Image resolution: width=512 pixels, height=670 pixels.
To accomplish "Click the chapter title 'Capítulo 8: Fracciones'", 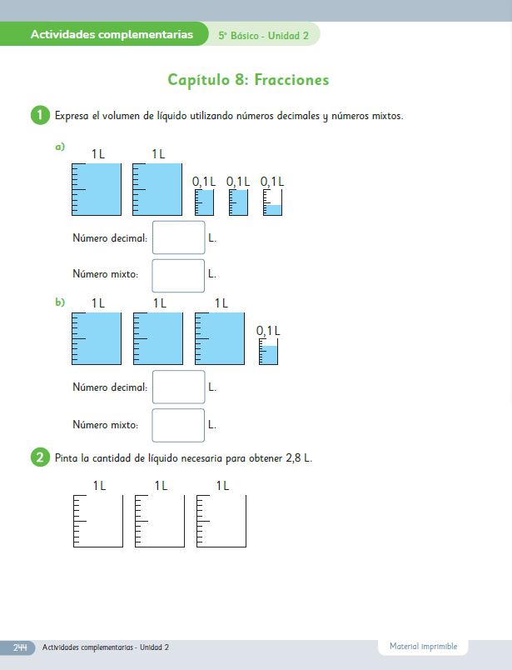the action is point(248,80).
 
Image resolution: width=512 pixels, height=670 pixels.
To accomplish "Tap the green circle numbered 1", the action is point(40,115).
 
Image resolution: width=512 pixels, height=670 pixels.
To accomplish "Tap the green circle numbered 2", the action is point(40,457).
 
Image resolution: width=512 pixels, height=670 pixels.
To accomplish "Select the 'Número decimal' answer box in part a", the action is point(178,237).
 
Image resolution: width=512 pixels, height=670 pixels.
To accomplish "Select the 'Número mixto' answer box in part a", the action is point(178,276).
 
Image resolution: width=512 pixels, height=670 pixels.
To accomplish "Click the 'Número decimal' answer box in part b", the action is point(178,387).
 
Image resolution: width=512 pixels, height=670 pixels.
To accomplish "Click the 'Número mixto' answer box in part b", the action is point(178,425).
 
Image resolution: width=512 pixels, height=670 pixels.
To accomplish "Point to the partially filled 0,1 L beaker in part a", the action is point(272,202).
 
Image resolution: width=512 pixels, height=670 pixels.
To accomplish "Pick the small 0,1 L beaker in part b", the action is point(268,352).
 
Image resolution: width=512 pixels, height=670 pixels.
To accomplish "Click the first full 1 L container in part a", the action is point(97,189).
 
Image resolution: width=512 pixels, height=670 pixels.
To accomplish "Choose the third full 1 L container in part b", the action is point(220,338).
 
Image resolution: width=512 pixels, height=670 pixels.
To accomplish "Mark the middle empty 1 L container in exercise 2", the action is point(160,522).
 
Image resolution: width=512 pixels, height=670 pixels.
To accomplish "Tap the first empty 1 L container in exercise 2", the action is point(98,522).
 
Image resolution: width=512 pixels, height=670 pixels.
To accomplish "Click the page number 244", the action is point(20,647).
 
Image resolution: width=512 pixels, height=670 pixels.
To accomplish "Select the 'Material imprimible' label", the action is point(423,646).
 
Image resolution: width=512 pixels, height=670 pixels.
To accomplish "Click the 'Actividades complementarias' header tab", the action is point(112,34).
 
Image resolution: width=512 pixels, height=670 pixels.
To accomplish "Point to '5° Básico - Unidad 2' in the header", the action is point(263,36).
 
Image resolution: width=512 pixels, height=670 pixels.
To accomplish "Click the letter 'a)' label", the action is point(60,147).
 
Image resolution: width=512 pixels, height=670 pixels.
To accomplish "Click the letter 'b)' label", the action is point(60,302).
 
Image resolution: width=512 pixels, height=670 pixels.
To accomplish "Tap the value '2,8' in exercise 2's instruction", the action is point(293,458).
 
